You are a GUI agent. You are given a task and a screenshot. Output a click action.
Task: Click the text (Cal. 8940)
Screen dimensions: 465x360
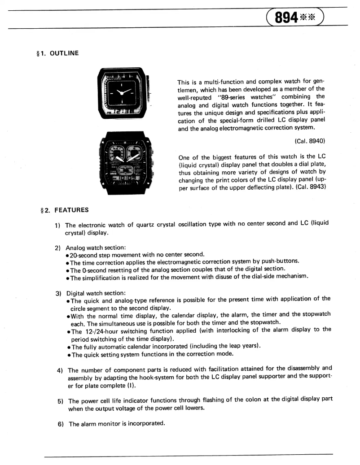[x=309, y=141]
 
